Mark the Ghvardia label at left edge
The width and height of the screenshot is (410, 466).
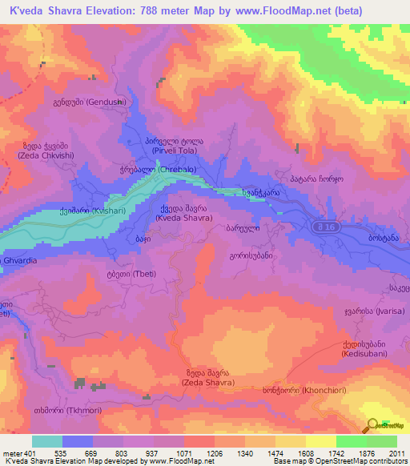(x=18, y=239)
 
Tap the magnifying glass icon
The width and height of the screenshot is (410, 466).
(x=373, y=424)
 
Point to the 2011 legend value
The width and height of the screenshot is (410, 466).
(x=396, y=453)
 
